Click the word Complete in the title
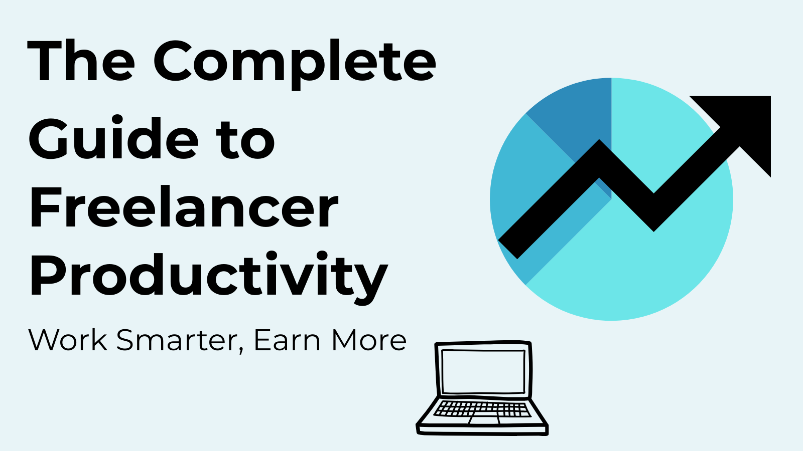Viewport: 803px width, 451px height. point(295,65)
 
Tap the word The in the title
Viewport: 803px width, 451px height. point(81,61)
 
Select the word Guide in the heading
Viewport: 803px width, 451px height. point(113,137)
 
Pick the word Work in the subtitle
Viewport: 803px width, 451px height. point(68,340)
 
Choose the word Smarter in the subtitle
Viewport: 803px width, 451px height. point(176,340)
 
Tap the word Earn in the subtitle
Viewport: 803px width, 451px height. point(287,340)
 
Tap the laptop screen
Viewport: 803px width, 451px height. point(483,371)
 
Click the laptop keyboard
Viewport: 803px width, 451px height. point(482,409)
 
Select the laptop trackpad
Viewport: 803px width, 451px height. point(484,420)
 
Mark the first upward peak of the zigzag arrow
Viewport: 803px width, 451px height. point(599,140)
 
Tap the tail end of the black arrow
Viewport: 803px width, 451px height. point(508,249)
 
